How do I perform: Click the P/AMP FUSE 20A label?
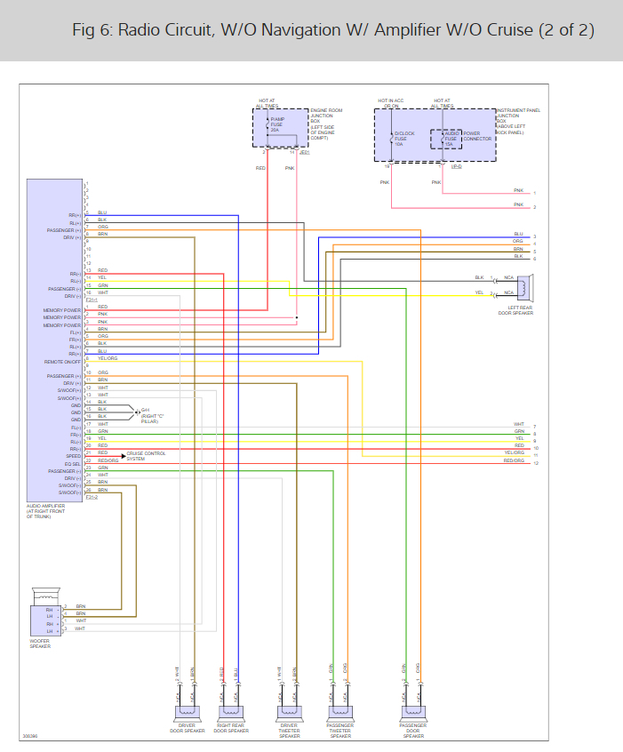coord(277,124)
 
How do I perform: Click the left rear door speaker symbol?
coord(525,285)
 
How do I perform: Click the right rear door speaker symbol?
coord(230,710)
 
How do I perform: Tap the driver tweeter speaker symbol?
coord(289,710)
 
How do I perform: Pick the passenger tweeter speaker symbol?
coord(339,710)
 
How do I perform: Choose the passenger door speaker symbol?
coord(413,710)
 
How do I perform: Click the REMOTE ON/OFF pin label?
coord(62,362)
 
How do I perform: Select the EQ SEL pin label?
coord(72,464)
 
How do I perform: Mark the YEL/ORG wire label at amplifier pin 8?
coord(107,358)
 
